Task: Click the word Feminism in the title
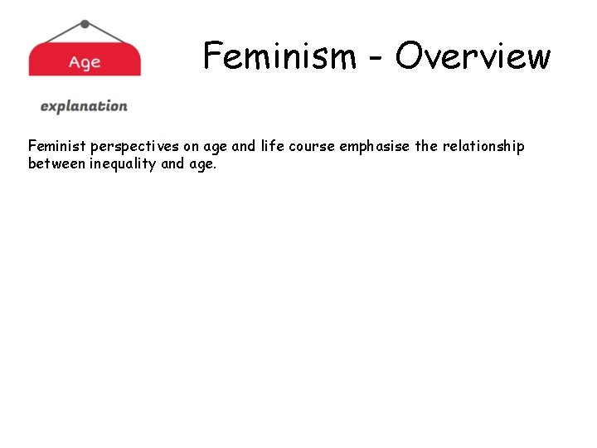coord(279,56)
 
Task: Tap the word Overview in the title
coord(473,56)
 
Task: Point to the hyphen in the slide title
coord(376,59)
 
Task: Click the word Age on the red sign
coord(85,62)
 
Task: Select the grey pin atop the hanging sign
coord(85,24)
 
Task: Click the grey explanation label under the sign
coord(84,106)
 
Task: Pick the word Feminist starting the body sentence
coord(57,146)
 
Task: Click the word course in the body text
coord(313,147)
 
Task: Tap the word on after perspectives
coord(192,147)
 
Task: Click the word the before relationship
coord(426,146)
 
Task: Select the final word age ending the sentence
coord(203,165)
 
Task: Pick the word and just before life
coord(244,146)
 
